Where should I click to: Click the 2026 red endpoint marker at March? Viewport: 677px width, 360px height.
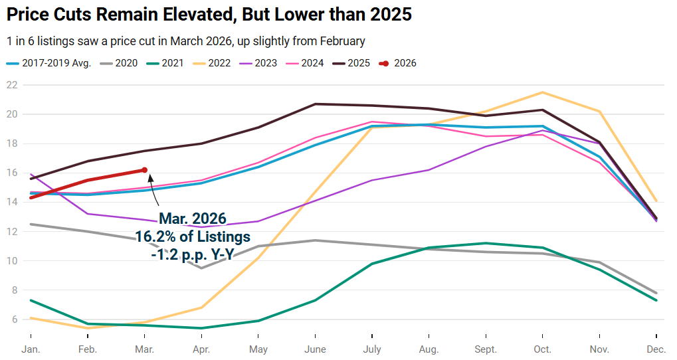pos(144,170)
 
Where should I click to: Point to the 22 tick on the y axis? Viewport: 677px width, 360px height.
pos(11,85)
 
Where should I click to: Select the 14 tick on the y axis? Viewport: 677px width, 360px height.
pos(11,202)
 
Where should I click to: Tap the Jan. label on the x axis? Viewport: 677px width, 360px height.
pos(31,349)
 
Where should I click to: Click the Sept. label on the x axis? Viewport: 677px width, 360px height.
pos(486,349)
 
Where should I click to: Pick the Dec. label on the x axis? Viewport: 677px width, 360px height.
pos(656,349)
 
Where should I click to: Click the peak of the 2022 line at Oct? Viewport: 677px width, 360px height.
pos(543,92)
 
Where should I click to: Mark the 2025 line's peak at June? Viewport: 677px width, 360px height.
pos(315,104)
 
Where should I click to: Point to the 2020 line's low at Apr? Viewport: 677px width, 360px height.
pos(201,268)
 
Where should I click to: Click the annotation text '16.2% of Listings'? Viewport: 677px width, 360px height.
pos(193,236)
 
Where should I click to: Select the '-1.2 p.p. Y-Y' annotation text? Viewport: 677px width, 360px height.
pos(193,253)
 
